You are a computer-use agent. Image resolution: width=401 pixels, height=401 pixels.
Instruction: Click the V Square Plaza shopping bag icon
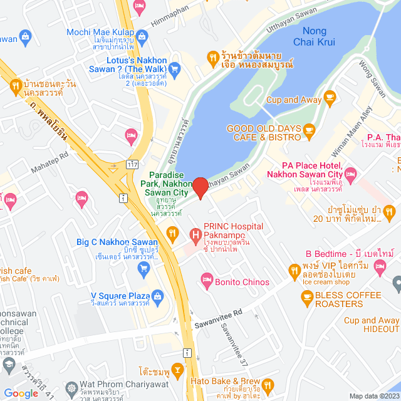coord(158,295)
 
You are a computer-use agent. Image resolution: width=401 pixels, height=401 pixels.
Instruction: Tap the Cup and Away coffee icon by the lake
coord(330,98)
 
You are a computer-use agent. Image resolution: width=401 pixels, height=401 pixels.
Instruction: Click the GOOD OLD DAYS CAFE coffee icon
coord(309,130)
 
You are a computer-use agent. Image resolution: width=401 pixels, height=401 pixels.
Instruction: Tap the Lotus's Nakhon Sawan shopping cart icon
coord(174,69)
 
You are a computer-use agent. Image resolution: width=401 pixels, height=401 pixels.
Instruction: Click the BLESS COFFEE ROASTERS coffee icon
coord(306,298)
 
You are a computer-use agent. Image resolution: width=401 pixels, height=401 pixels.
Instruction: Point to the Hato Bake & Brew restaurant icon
coord(268,384)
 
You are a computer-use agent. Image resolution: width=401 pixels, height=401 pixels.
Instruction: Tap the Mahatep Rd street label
coord(55,166)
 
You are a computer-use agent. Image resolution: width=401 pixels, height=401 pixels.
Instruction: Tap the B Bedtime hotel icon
coord(379,268)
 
